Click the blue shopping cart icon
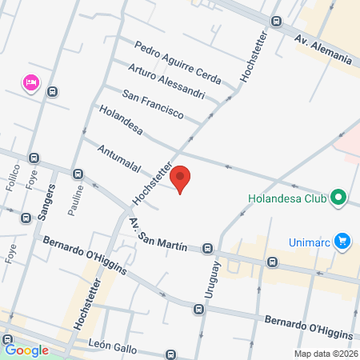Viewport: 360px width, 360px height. click(342, 240)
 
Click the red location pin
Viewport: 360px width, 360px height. click(181, 179)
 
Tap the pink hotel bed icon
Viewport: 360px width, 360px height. click(32, 82)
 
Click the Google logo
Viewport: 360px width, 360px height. click(26, 350)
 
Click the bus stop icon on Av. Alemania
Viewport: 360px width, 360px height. click(276, 22)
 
